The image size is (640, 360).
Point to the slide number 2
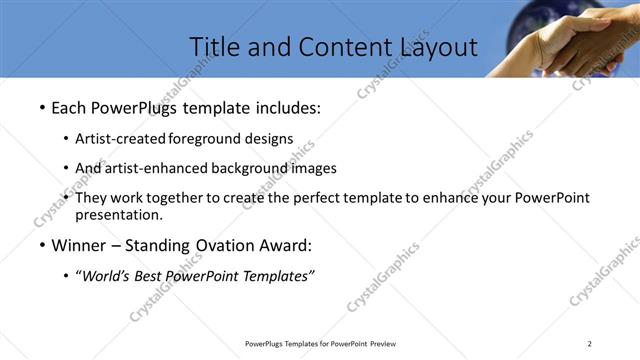pyautogui.click(x=590, y=344)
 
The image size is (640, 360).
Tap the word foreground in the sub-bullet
pyautogui.click(x=205, y=138)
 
